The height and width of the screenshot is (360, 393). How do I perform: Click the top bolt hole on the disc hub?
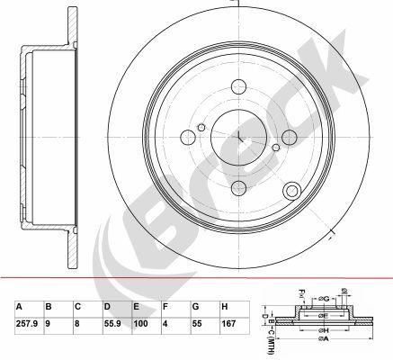pyautogui.click(x=240, y=86)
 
